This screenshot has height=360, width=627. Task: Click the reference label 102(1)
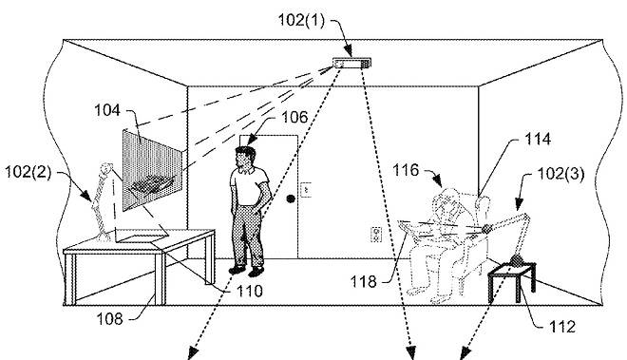pyautogui.click(x=301, y=20)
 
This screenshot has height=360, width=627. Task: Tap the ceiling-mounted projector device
pyautogui.click(x=351, y=63)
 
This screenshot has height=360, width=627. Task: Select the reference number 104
pyautogui.click(x=107, y=110)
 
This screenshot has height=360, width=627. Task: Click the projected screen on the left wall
pyautogui.click(x=152, y=170)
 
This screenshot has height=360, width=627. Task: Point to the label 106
pyautogui.click(x=294, y=117)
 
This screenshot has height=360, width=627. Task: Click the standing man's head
pyautogui.click(x=245, y=157)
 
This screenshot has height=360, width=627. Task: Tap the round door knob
pyautogui.click(x=291, y=199)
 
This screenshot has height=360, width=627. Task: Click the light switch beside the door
pyautogui.click(x=306, y=189)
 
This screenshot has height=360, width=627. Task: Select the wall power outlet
pyautogui.click(x=375, y=235)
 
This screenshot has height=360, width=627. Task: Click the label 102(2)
pyautogui.click(x=28, y=172)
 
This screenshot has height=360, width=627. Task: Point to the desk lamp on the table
pyautogui.click(x=102, y=202)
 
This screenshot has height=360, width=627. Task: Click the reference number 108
pyautogui.click(x=109, y=319)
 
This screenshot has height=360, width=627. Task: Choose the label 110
pyautogui.click(x=250, y=291)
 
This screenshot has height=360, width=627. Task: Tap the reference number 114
pyautogui.click(x=538, y=140)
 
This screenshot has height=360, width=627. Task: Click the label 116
pyautogui.click(x=406, y=170)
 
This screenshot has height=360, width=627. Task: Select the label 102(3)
pyautogui.click(x=560, y=174)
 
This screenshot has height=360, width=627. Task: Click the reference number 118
pyautogui.click(x=363, y=282)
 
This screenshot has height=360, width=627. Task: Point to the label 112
pyautogui.click(x=562, y=327)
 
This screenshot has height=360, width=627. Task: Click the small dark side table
pyautogui.click(x=512, y=281)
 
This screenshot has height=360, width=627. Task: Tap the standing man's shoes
pyautogui.click(x=247, y=271)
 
